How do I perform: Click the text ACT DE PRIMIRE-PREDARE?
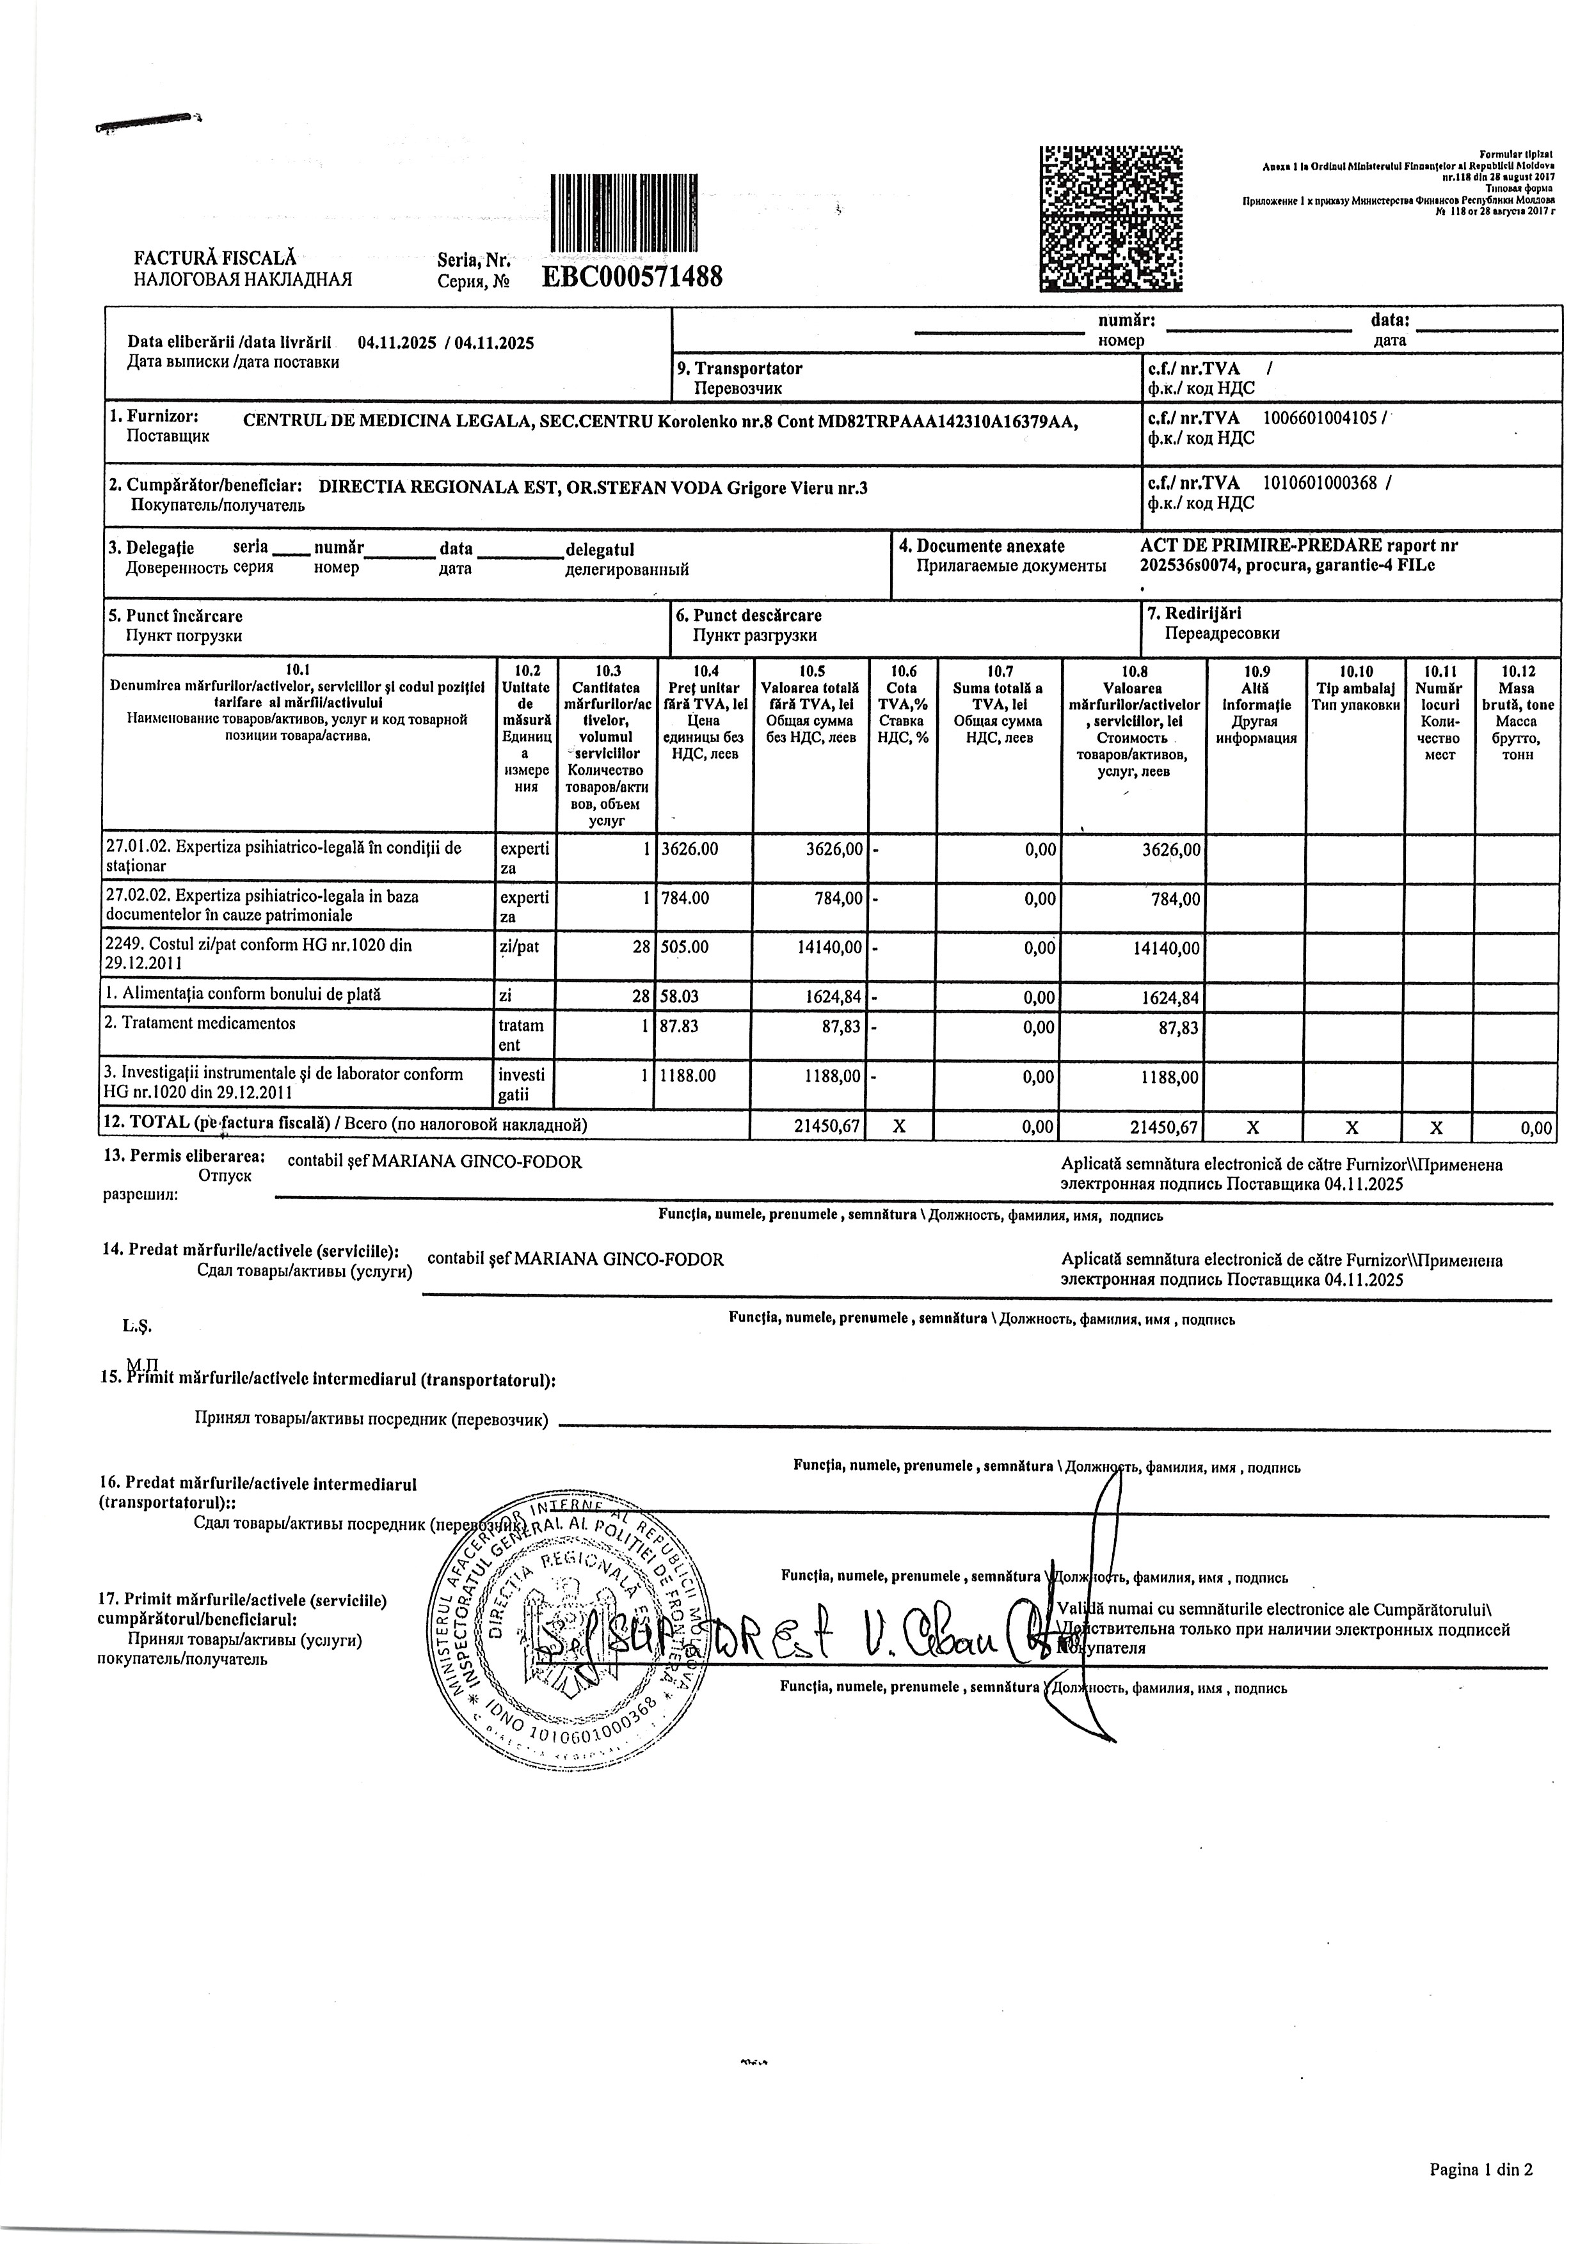(1261, 546)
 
